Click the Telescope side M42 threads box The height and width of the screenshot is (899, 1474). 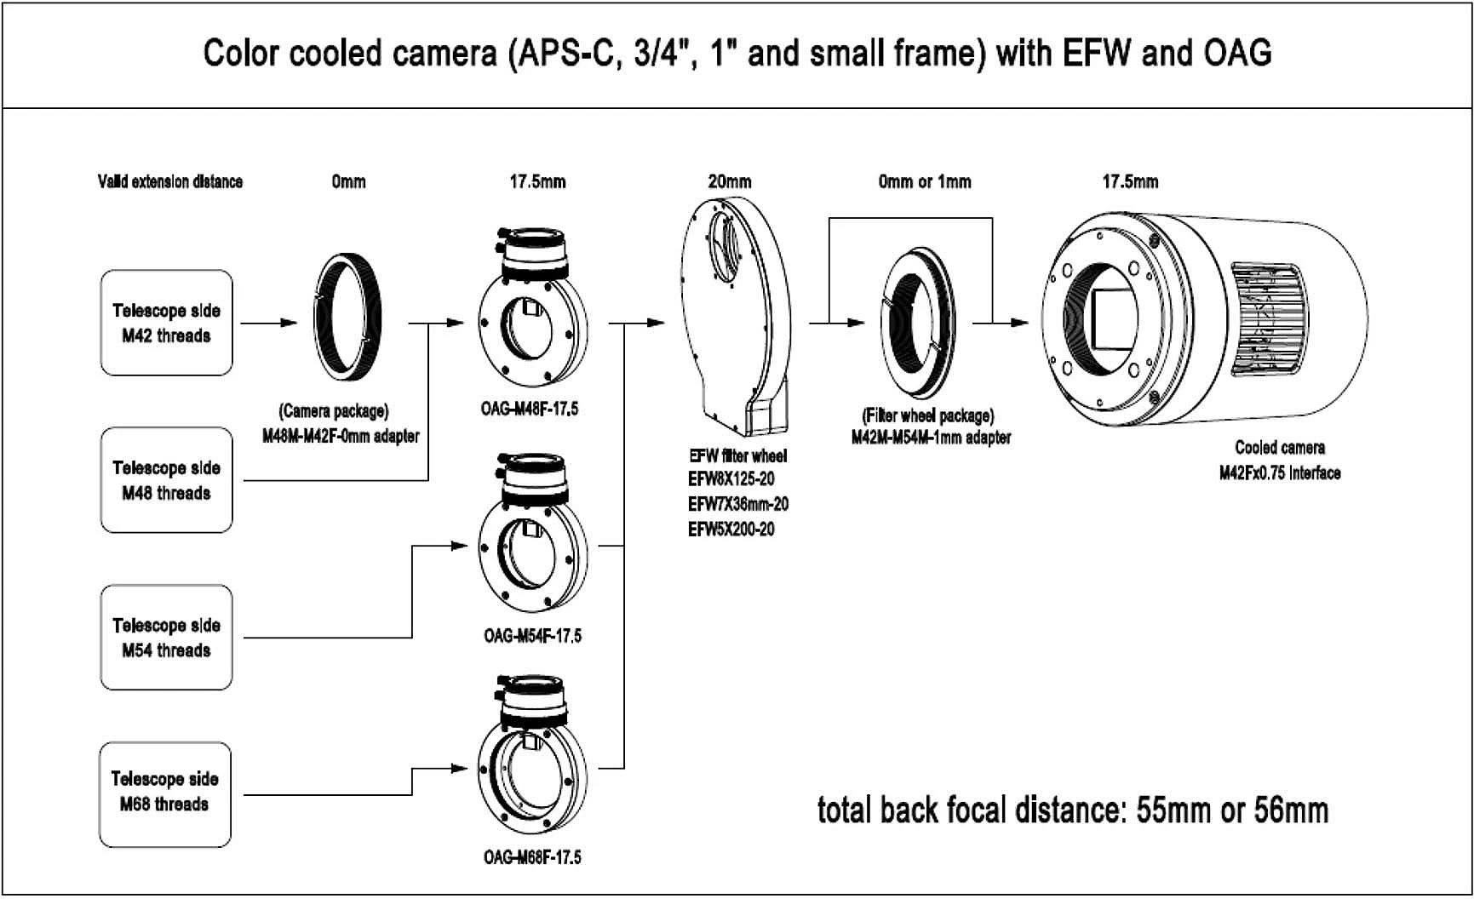167,323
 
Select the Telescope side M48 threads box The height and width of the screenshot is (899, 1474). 167,480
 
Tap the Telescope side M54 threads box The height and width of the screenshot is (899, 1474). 167,638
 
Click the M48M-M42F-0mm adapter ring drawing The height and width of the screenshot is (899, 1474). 349,320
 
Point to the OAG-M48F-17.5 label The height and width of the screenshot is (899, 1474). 530,409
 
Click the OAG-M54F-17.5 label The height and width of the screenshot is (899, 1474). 532,636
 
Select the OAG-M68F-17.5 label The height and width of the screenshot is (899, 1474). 532,857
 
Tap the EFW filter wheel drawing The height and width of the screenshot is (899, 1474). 737,311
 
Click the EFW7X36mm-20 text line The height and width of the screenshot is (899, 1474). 738,504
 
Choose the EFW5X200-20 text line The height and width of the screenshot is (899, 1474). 731,530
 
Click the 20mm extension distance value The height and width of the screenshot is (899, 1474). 730,181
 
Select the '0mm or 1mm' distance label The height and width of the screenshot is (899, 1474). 925,181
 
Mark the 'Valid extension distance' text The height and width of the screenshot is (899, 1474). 170,181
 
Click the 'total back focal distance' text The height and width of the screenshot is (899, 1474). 1073,810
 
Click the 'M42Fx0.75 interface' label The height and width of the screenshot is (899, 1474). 1280,473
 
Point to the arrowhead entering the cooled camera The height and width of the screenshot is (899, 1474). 1018,323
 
